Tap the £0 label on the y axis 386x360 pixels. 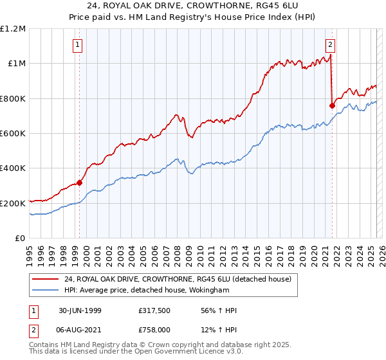click(21, 239)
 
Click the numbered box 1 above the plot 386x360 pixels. click(77, 45)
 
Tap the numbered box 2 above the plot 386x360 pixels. click(330, 45)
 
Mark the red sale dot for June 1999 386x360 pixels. click(80, 183)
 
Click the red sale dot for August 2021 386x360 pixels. click(333, 105)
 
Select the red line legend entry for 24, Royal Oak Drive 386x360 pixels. click(178, 279)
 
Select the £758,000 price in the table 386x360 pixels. click(154, 329)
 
